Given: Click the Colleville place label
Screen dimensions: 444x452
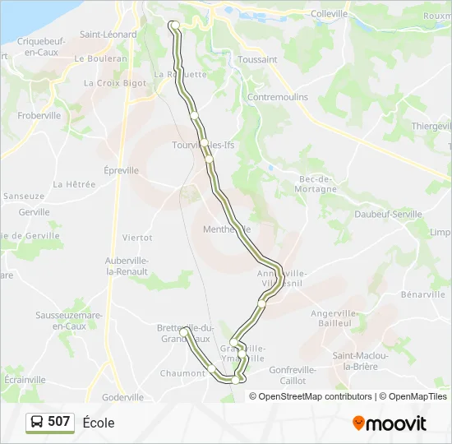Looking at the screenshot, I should coord(330,14).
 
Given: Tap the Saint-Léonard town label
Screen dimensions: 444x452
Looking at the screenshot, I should coord(108,35).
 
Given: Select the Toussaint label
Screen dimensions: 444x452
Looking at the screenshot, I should coord(257,60).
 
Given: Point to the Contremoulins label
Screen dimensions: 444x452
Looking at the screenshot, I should coord(278,96).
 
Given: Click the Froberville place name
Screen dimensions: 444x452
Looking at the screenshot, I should coord(39,116).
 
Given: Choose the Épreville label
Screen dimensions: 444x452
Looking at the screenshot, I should coord(122,170).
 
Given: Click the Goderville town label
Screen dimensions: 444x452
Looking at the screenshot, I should coord(123,397).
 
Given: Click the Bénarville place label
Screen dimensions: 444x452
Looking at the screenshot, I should coord(422,294).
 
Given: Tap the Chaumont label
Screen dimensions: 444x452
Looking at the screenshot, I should coord(182,373).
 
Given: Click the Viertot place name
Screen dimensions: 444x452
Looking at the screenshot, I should coord(137,238).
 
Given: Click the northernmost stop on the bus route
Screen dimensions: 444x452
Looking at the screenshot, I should coord(174,25).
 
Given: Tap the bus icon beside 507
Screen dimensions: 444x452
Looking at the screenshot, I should coord(37,423).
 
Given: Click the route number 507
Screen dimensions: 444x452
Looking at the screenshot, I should coord(59,422).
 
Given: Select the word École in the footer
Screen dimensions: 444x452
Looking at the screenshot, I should coord(99,423).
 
